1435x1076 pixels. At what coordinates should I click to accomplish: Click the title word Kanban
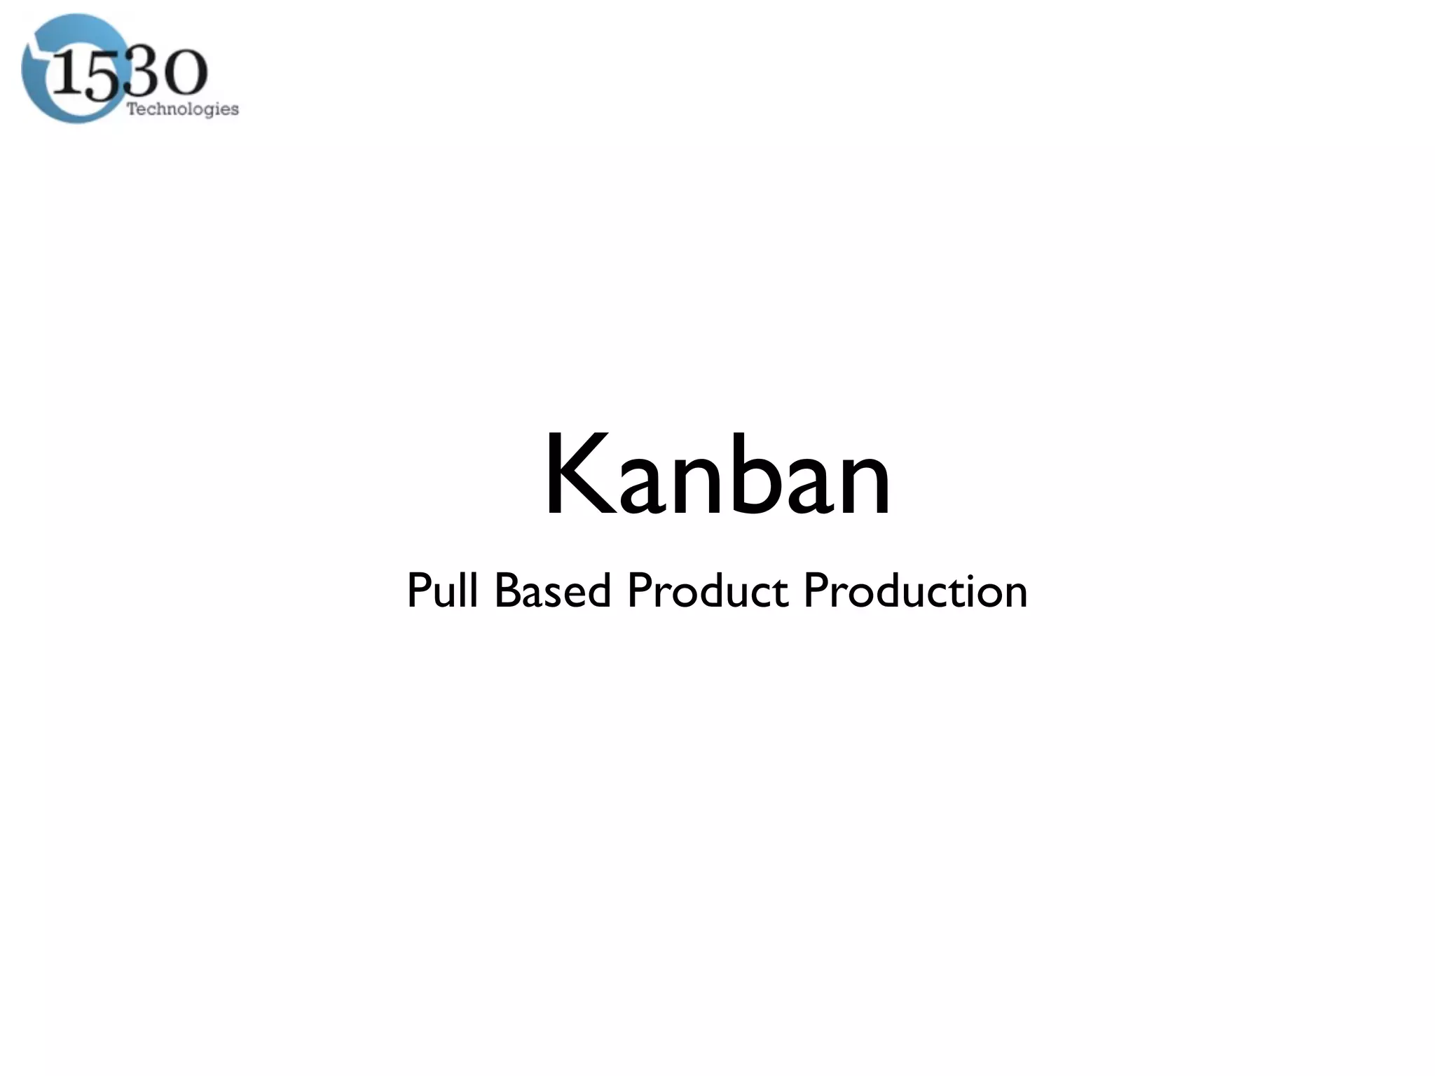[x=717, y=476]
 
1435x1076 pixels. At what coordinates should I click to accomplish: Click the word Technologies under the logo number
[x=182, y=109]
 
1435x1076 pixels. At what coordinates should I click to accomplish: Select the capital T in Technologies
[x=131, y=109]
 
